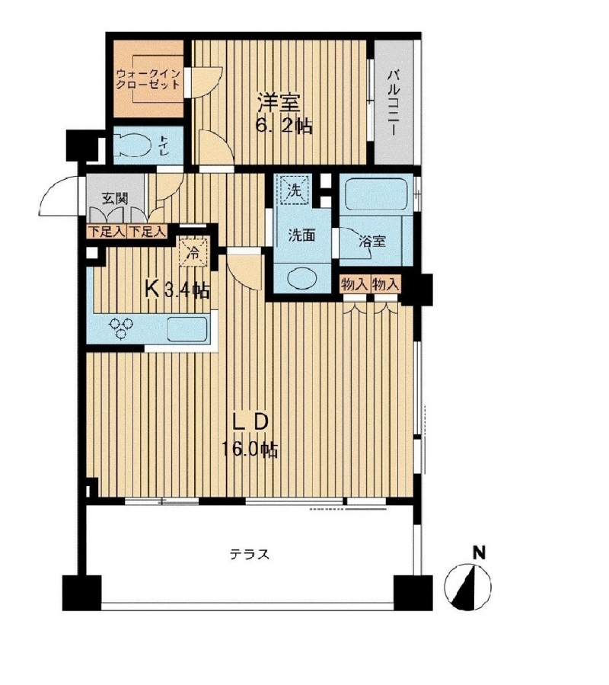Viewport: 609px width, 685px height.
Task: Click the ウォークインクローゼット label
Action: tap(148, 78)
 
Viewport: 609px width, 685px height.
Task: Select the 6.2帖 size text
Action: tap(283, 126)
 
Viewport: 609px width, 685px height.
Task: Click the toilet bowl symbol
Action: tap(132, 144)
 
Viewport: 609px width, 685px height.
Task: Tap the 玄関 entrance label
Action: tap(115, 199)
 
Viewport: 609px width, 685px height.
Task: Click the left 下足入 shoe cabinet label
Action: tap(107, 231)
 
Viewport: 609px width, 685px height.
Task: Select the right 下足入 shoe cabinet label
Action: tap(147, 231)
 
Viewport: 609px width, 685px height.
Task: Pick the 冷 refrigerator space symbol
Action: tap(193, 252)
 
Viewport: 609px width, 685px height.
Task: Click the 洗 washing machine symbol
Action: tap(295, 190)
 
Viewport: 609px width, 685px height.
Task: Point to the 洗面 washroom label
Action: tap(301, 235)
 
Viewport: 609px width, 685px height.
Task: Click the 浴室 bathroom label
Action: tap(372, 241)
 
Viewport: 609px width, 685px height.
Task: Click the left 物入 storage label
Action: tap(354, 285)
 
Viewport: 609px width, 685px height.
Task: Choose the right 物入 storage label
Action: tap(385, 285)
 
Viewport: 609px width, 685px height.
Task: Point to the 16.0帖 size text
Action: tap(250, 450)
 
